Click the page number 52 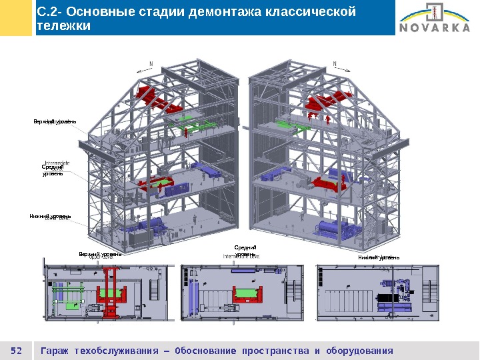pyautogui.click(x=17, y=351)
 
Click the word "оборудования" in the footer pyautogui.click(x=359, y=351)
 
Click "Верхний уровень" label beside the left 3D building pyautogui.click(x=55, y=122)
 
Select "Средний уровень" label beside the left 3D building pyautogui.click(x=53, y=171)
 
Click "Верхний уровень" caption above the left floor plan pyautogui.click(x=100, y=255)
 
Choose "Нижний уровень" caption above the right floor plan pyautogui.click(x=379, y=257)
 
